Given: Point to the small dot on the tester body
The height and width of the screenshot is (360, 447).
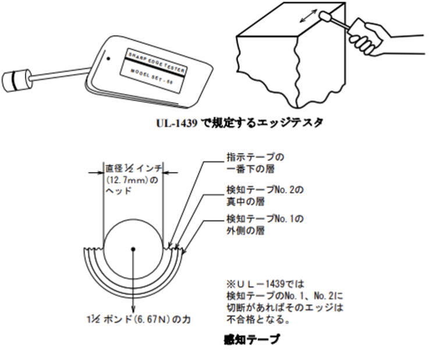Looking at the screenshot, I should coord(108,58).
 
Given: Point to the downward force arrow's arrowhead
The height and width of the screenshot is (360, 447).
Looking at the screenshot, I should coord(133,310).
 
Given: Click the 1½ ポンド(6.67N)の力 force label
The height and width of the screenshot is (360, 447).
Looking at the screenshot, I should coord(133,321).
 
